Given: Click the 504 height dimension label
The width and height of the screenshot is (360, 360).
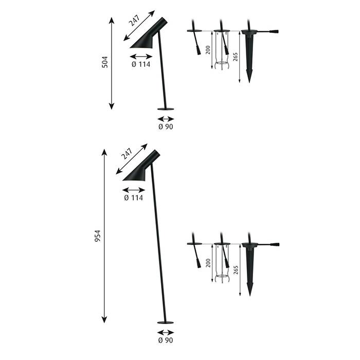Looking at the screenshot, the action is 105,62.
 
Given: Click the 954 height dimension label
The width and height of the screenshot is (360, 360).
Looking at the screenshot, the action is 98,236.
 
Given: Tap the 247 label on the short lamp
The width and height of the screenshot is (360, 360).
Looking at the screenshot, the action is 134,21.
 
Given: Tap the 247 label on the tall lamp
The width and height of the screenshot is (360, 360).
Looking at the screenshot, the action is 127,154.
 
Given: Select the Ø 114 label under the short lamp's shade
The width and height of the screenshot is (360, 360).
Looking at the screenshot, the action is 141,64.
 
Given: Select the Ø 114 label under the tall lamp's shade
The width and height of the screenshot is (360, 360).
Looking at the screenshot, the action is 133,197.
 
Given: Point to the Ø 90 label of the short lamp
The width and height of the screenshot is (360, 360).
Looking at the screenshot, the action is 166,127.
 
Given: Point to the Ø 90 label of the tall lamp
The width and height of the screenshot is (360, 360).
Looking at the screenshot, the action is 166,340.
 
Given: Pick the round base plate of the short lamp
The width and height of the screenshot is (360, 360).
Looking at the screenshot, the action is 166,109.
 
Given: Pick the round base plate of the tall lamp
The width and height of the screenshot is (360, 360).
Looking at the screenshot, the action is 165,322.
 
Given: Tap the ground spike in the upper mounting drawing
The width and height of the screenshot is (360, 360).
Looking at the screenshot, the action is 249,56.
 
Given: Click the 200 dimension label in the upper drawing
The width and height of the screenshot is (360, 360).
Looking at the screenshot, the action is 208,50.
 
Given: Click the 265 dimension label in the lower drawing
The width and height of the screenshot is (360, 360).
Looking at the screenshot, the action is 236,270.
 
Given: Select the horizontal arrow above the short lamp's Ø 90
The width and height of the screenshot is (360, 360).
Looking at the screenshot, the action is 166,119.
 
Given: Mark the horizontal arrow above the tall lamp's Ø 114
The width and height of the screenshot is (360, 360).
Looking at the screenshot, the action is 134,190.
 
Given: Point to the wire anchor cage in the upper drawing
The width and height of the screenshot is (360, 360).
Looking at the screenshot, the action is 222,50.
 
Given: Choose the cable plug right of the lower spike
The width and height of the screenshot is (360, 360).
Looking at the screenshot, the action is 275,245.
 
